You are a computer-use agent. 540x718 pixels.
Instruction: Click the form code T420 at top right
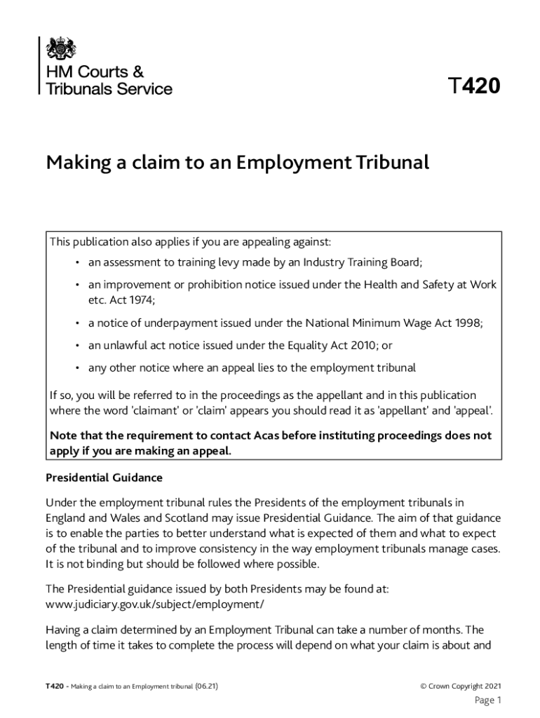click(x=474, y=87)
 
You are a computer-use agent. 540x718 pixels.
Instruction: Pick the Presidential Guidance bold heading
click(x=104, y=477)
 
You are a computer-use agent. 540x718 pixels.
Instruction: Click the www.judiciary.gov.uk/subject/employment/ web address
click(x=154, y=603)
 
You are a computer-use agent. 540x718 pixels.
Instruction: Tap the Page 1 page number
click(x=488, y=700)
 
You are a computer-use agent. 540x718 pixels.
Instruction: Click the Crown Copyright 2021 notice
click(x=460, y=686)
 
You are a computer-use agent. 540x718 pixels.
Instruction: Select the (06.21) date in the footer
click(x=206, y=686)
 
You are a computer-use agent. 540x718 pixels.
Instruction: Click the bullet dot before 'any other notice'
click(x=76, y=367)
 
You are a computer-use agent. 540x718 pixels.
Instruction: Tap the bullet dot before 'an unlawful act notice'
click(x=76, y=345)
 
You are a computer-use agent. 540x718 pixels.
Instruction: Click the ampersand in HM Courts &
click(x=137, y=72)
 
